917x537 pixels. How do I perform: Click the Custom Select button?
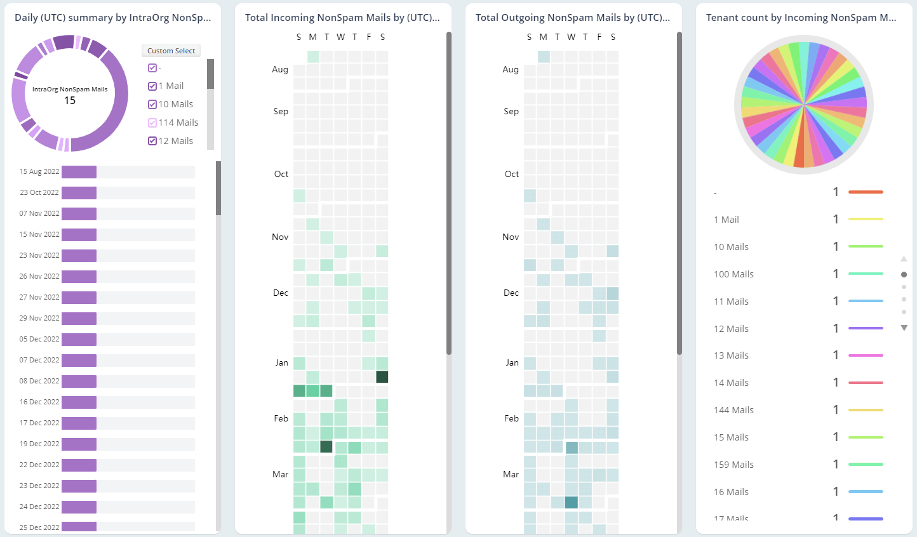(x=171, y=51)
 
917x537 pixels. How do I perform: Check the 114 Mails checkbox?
(x=152, y=123)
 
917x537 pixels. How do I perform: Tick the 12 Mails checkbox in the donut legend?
(x=152, y=141)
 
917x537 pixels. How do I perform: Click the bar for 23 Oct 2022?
(x=79, y=192)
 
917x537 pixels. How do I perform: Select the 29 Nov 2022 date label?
(x=39, y=318)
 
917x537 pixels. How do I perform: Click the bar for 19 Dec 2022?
(x=79, y=444)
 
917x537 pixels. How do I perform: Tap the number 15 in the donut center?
(x=70, y=100)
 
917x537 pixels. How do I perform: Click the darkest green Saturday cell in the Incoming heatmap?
(x=382, y=376)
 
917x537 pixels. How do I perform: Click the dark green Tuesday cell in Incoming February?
(x=326, y=446)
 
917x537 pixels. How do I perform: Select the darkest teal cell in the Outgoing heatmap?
(x=571, y=502)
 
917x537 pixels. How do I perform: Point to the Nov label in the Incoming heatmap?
(x=280, y=237)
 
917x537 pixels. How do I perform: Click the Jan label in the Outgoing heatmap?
(x=512, y=362)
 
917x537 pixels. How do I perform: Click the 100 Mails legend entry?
(x=733, y=274)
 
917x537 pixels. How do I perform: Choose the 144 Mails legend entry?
(x=733, y=410)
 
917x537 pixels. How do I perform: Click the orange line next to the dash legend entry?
(x=865, y=192)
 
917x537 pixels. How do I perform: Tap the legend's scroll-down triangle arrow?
(x=904, y=328)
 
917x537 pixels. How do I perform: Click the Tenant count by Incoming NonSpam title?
(x=801, y=18)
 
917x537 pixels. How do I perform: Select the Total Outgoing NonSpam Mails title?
(x=572, y=18)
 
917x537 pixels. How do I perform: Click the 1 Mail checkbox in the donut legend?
(x=152, y=86)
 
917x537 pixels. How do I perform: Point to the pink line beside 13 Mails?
(x=865, y=355)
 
